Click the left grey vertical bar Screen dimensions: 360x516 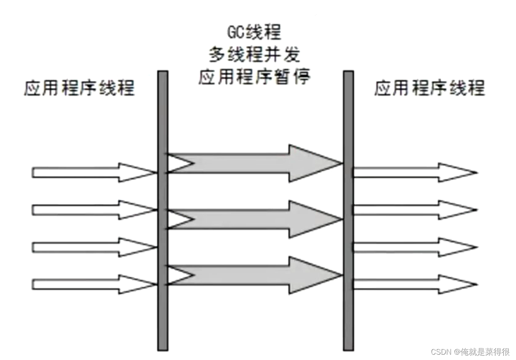click(163, 210)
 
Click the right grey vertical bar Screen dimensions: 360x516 click(348, 210)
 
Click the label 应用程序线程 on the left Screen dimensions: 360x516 click(79, 88)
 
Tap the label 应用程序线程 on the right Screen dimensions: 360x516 click(429, 88)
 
